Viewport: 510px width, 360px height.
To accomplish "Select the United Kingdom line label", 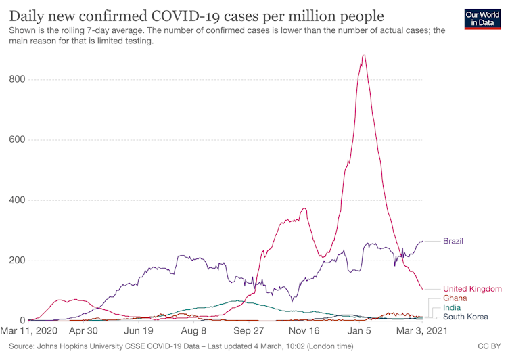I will coord(472,289).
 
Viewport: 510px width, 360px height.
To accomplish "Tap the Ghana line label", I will coord(456,298).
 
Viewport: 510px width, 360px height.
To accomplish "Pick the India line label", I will coord(453,307).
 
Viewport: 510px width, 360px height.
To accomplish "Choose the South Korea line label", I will coord(467,317).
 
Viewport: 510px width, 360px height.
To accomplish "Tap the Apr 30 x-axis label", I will coord(84,332).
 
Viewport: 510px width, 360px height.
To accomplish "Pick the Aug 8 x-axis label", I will coord(194,332).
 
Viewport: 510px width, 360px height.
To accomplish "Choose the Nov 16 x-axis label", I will coord(304,332).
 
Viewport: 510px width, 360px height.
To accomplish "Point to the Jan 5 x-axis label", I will coord(359,332).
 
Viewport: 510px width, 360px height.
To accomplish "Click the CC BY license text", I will coord(490,346).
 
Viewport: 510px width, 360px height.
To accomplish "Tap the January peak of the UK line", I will coord(364,56).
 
